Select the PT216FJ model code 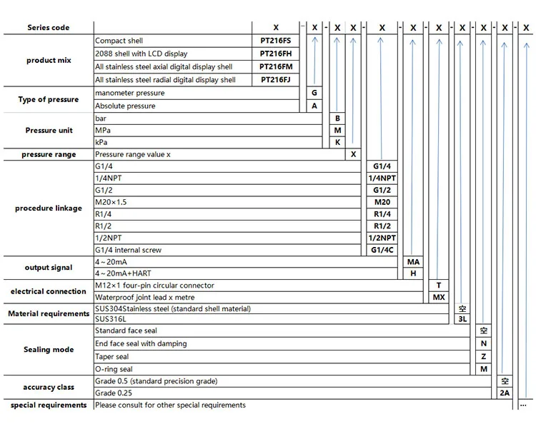point(276,80)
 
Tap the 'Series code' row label point(49,28)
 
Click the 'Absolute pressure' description point(125,106)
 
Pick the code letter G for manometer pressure point(314,93)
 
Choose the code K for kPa point(337,142)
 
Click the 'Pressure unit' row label point(49,131)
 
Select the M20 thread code point(382,202)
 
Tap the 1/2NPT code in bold point(382,238)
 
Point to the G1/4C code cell point(382,250)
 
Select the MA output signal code point(412,262)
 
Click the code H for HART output point(412,273)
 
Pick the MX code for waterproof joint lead point(439,297)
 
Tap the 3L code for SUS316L point(462,319)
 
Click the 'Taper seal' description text point(111,356)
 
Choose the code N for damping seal point(484,343)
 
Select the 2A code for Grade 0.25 point(505,393)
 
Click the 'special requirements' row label point(49,405)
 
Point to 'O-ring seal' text point(114,369)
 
